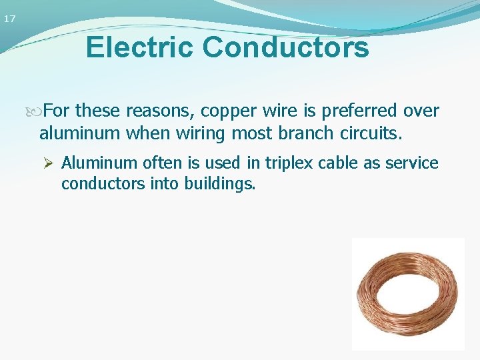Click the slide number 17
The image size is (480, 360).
click(9, 19)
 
